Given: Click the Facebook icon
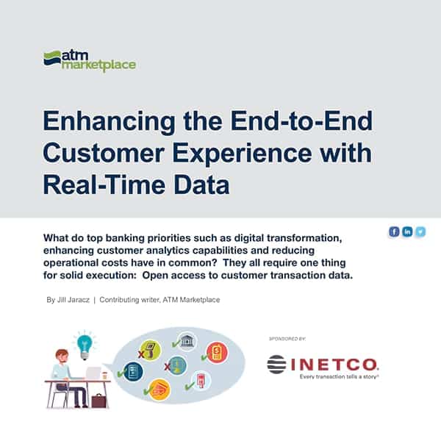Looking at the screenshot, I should tap(395, 232).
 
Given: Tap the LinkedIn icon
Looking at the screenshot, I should tap(408, 232).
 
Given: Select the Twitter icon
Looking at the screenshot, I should tap(420, 232).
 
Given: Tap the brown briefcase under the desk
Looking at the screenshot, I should tap(98, 401).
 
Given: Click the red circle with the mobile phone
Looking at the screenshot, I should tap(216, 353).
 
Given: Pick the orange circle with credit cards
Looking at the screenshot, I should tap(159, 390).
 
